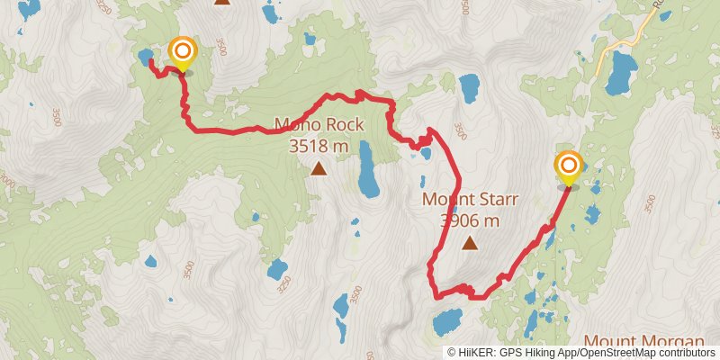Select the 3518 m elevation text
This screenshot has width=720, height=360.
(319, 145)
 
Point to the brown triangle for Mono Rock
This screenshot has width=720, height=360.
(318, 168)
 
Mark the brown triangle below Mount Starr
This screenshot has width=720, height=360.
(470, 242)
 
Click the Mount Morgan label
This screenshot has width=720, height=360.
(644, 341)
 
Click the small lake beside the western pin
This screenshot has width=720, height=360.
(145, 58)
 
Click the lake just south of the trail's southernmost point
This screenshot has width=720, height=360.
(446, 320)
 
